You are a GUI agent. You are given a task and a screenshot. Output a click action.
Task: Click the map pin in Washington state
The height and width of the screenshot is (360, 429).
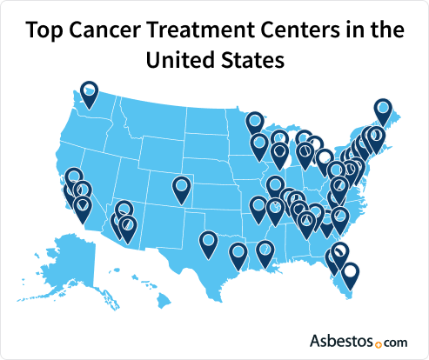tap(90, 90)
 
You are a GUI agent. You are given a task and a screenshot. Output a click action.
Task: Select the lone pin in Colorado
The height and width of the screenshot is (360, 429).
tap(181, 186)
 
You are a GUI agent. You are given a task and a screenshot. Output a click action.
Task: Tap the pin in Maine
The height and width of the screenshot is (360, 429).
tap(383, 109)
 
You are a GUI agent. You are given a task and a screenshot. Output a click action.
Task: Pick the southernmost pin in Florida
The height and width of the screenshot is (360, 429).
tap(349, 274)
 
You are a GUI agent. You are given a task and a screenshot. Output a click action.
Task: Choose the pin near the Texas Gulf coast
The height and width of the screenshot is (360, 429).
tap(238, 253)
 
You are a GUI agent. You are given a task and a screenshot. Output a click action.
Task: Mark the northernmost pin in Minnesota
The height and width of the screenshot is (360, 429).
tap(254, 122)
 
